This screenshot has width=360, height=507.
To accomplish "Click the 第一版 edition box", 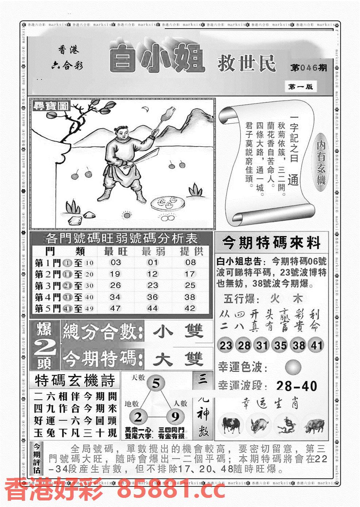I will pyautogui.click(x=300, y=87).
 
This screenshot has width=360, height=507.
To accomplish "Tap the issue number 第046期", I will pyautogui.click(x=309, y=68).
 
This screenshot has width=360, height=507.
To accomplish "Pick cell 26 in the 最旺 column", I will pyautogui.click(x=115, y=285).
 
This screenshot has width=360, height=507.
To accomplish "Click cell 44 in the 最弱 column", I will pyautogui.click(x=152, y=308).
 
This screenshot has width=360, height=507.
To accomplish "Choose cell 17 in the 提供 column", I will pyautogui.click(x=189, y=274).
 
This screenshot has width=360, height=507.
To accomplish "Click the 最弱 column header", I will pyautogui.click(x=153, y=251).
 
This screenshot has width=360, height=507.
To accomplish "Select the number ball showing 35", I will pyautogui.click(x=280, y=345).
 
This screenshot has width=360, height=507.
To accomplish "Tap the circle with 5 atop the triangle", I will pyautogui.click(x=156, y=384).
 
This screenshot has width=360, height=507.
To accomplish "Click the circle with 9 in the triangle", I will pyautogui.click(x=175, y=417).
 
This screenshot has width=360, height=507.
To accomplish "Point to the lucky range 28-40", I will pyautogui.click(x=296, y=386).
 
